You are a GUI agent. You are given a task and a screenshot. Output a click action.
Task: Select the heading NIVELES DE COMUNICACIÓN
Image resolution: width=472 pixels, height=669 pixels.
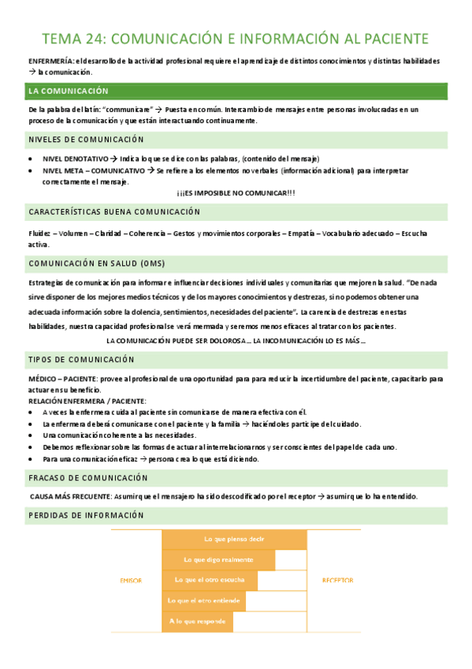tap(86, 140)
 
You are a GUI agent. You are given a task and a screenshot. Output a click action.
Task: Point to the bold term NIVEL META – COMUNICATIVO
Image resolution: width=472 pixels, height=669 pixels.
tap(94, 170)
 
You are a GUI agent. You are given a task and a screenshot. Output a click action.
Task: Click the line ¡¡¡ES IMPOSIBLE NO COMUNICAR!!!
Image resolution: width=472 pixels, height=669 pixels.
tap(236, 193)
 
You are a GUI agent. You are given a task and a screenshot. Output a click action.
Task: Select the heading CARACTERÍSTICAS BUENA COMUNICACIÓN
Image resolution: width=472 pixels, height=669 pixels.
tap(114, 212)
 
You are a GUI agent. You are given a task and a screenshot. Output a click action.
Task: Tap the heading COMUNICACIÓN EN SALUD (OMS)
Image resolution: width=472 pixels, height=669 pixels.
tap(97, 263)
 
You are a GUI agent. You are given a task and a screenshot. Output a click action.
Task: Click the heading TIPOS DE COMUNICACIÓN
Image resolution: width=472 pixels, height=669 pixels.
tap(82, 360)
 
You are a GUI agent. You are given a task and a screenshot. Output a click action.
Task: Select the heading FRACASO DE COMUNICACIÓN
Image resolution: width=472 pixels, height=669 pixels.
tap(87, 478)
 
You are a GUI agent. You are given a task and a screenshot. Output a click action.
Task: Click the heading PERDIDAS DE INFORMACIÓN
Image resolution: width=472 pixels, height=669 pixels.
tap(86, 515)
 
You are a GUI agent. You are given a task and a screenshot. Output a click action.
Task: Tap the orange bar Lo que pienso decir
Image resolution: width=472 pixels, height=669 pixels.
tap(233, 540)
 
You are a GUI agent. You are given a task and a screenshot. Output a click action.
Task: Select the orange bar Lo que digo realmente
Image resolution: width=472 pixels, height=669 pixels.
tap(218, 560)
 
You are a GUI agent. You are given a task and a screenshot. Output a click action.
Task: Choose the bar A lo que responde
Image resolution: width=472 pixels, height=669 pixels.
tap(197, 622)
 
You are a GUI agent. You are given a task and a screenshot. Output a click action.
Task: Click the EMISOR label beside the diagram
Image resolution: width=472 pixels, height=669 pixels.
tap(131, 581)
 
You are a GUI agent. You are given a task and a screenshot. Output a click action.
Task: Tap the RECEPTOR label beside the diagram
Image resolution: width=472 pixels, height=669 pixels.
tap(337, 581)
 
